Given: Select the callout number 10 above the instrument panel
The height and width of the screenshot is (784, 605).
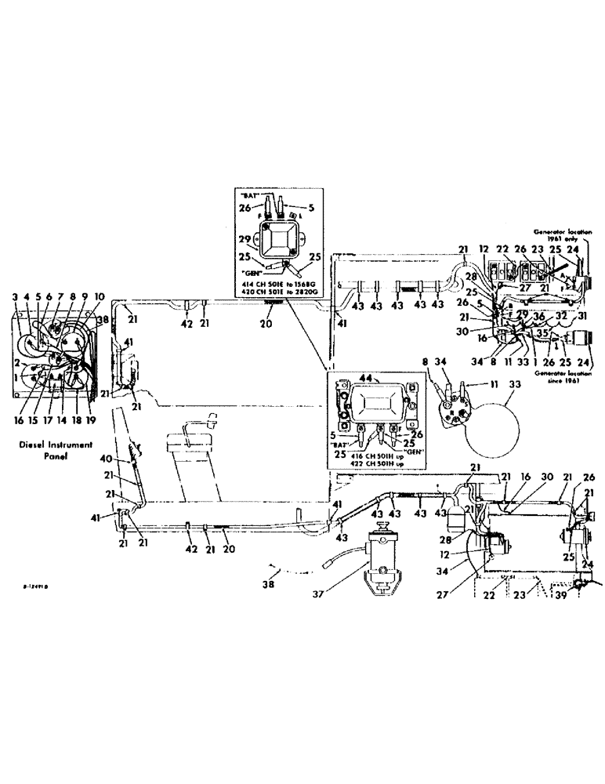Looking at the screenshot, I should (x=99, y=297).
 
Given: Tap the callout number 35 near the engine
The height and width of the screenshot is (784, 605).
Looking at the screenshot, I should (x=543, y=332).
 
